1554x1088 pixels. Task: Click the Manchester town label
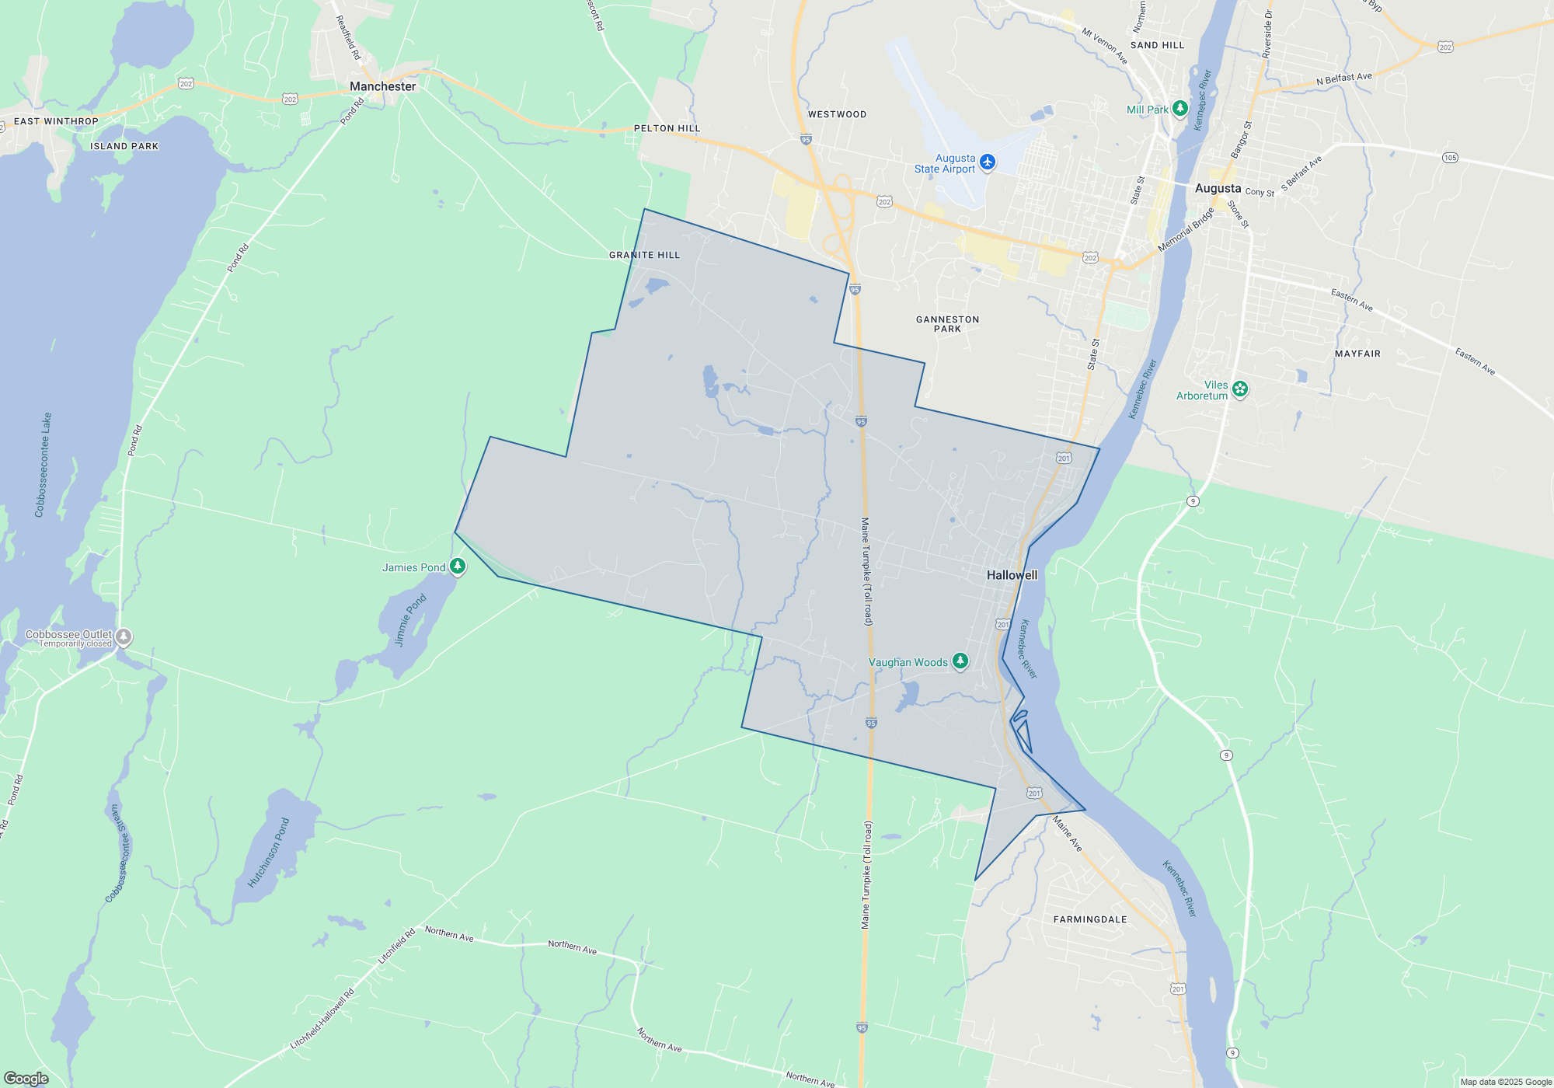click(382, 86)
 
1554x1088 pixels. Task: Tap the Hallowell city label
click(1012, 575)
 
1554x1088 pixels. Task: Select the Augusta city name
click(1218, 188)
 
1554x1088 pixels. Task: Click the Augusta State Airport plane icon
click(988, 162)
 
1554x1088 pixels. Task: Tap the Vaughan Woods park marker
click(960, 661)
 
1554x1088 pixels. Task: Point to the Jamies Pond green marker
click(458, 567)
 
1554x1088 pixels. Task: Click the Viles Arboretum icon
click(1240, 389)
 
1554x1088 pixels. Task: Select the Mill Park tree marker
click(1180, 109)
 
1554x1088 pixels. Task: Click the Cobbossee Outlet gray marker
click(124, 637)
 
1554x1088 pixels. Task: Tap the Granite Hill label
click(644, 255)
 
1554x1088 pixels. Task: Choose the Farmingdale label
click(1089, 919)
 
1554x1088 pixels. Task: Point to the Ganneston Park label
click(947, 324)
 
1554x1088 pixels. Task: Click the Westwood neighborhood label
click(837, 114)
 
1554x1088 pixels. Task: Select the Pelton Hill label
click(667, 128)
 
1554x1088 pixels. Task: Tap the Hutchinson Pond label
click(268, 853)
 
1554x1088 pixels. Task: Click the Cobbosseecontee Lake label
click(44, 465)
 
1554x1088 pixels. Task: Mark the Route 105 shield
click(1450, 158)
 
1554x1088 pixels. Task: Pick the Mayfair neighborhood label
click(1357, 354)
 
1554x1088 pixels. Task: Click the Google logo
click(26, 1079)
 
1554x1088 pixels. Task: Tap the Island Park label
click(124, 146)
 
